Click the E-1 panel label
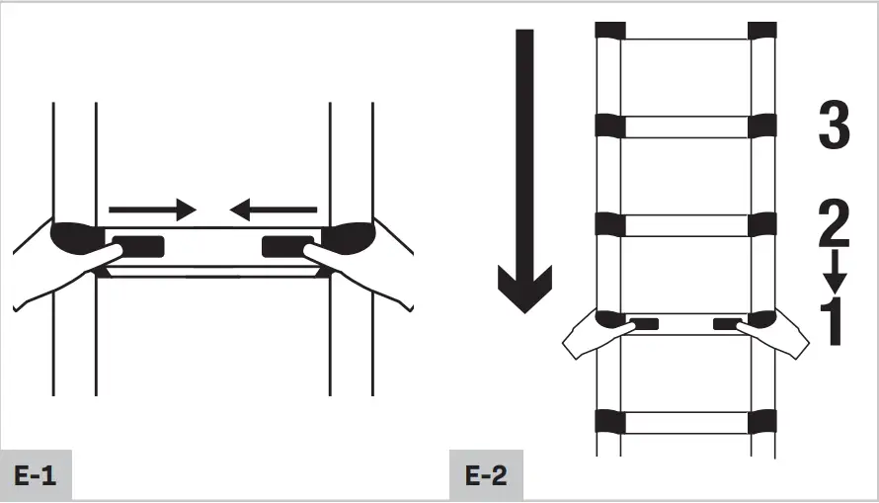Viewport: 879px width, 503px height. (36, 475)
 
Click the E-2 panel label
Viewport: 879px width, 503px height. (485, 475)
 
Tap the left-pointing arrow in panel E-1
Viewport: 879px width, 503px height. (274, 210)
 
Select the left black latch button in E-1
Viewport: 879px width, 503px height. (138, 245)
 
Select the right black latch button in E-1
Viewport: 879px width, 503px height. (287, 245)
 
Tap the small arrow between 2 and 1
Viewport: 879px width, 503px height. (835, 268)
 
